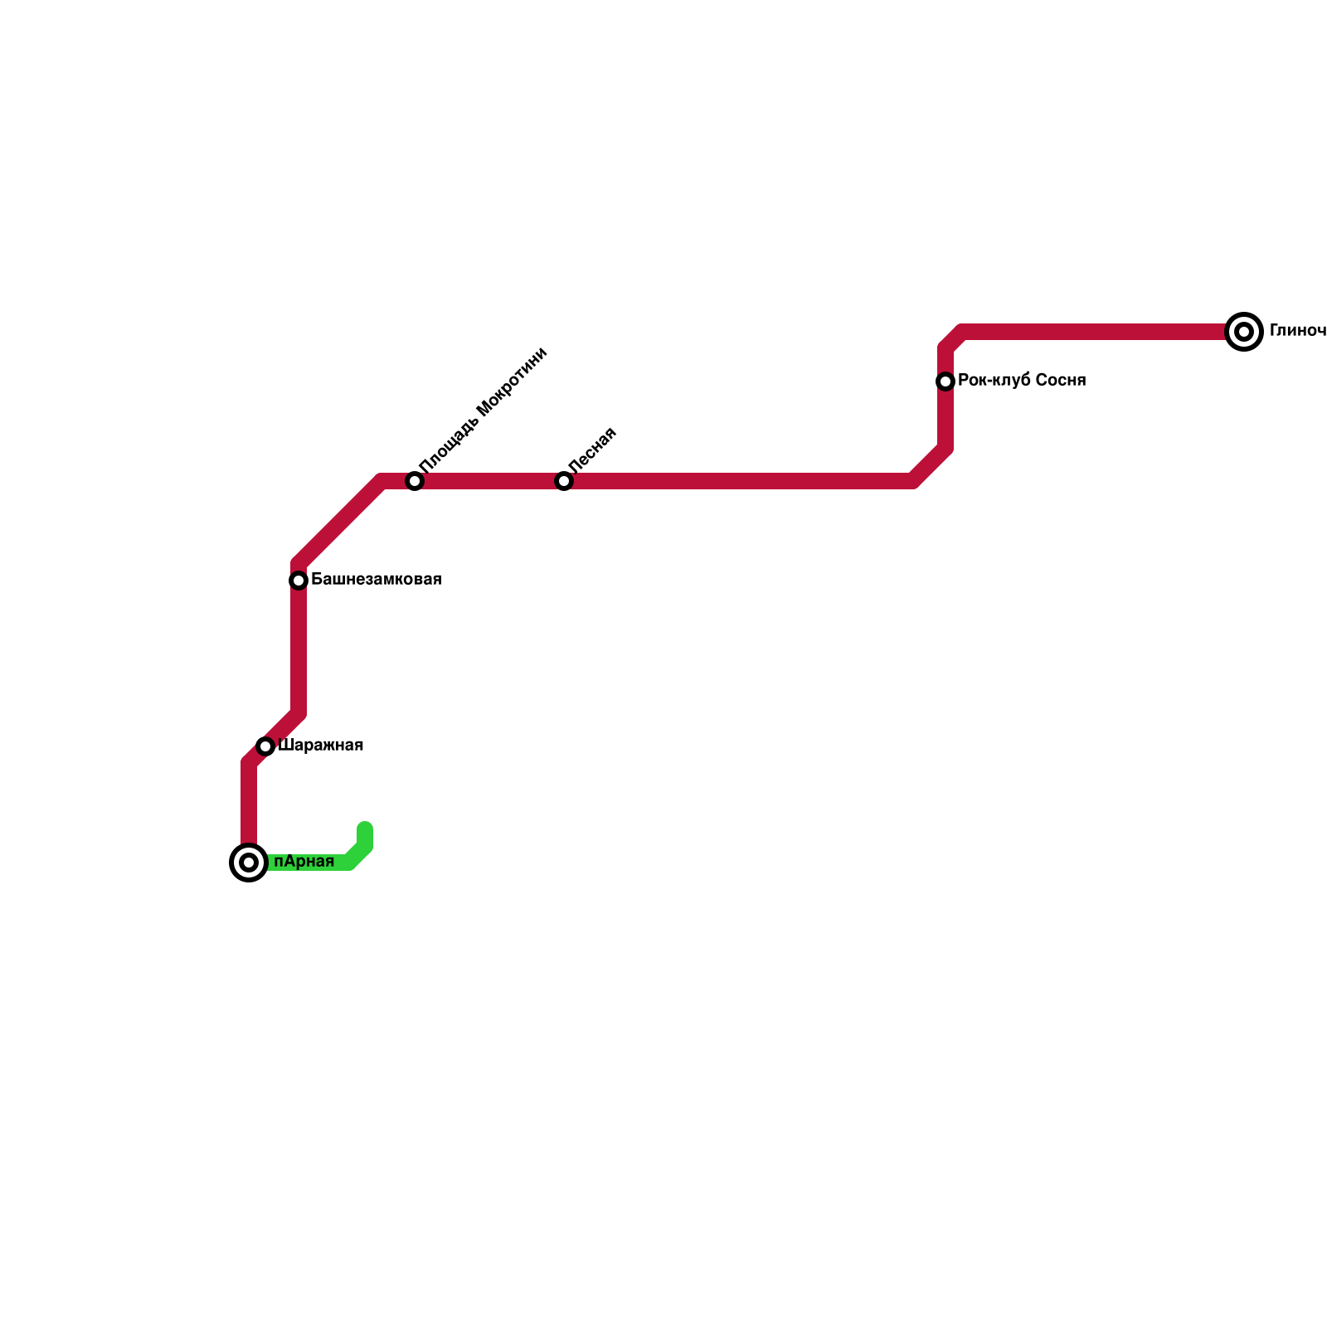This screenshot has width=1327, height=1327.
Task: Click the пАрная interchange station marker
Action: click(x=248, y=863)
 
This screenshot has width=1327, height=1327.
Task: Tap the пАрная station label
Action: click(x=304, y=862)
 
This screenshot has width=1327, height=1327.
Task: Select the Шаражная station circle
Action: click(x=265, y=746)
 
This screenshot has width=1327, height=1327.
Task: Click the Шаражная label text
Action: click(x=320, y=746)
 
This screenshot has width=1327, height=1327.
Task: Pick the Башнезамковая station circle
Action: click(x=299, y=581)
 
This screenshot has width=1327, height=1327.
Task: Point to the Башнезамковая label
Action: click(x=376, y=580)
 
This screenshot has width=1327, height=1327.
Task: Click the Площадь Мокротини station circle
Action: click(x=415, y=481)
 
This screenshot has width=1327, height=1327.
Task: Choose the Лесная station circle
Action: click(x=564, y=481)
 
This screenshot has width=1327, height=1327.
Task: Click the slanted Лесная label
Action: click(x=592, y=450)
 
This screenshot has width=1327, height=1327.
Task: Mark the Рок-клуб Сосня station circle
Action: click(x=945, y=382)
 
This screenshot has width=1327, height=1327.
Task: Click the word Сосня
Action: click(x=1061, y=381)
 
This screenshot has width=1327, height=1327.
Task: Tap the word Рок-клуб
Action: click(x=994, y=381)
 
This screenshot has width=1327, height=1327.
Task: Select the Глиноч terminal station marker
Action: click(x=1243, y=332)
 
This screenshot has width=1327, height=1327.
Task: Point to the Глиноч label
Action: click(x=1297, y=331)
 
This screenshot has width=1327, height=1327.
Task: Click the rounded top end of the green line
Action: click(x=365, y=828)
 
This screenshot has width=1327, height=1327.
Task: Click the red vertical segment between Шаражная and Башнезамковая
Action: click(x=299, y=647)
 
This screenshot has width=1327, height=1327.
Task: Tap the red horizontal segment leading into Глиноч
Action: click(x=1095, y=332)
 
